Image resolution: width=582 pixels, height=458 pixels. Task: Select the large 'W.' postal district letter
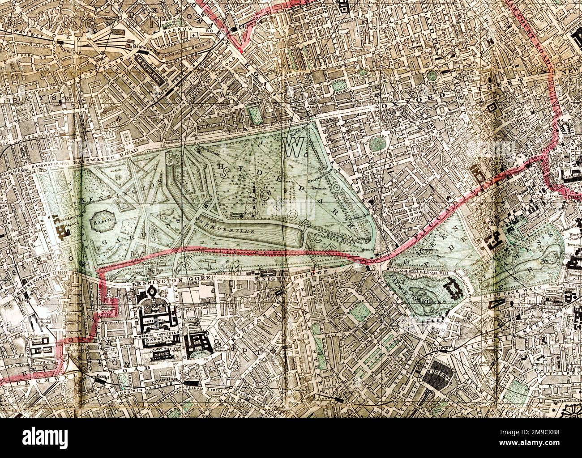293,147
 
